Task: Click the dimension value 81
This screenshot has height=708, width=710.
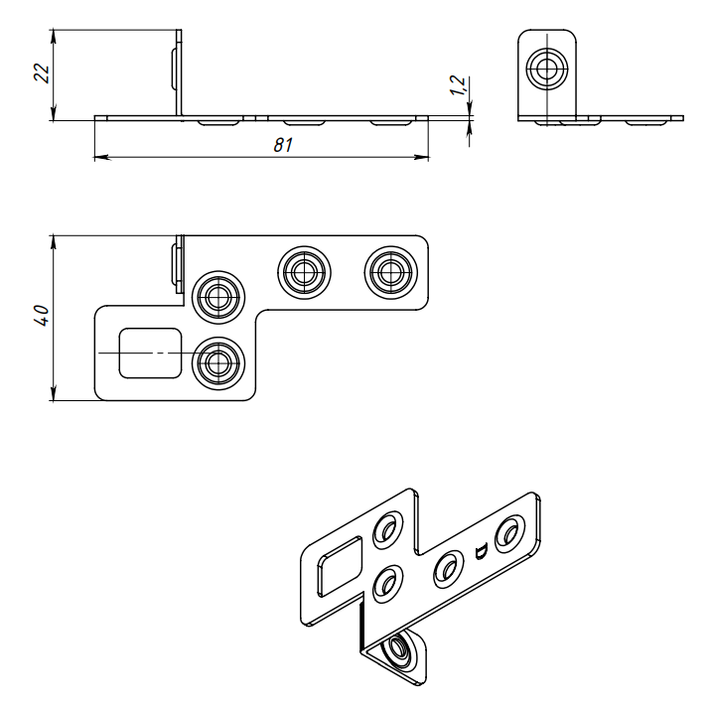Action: coord(283,145)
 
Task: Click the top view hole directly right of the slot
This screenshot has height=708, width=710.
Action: coord(217,361)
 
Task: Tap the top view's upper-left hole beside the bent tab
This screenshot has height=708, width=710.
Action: coord(217,294)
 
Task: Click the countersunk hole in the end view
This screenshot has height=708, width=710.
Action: coord(545,71)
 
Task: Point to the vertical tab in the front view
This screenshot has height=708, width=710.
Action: coord(180,73)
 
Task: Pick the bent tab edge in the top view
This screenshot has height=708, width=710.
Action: coord(178,261)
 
